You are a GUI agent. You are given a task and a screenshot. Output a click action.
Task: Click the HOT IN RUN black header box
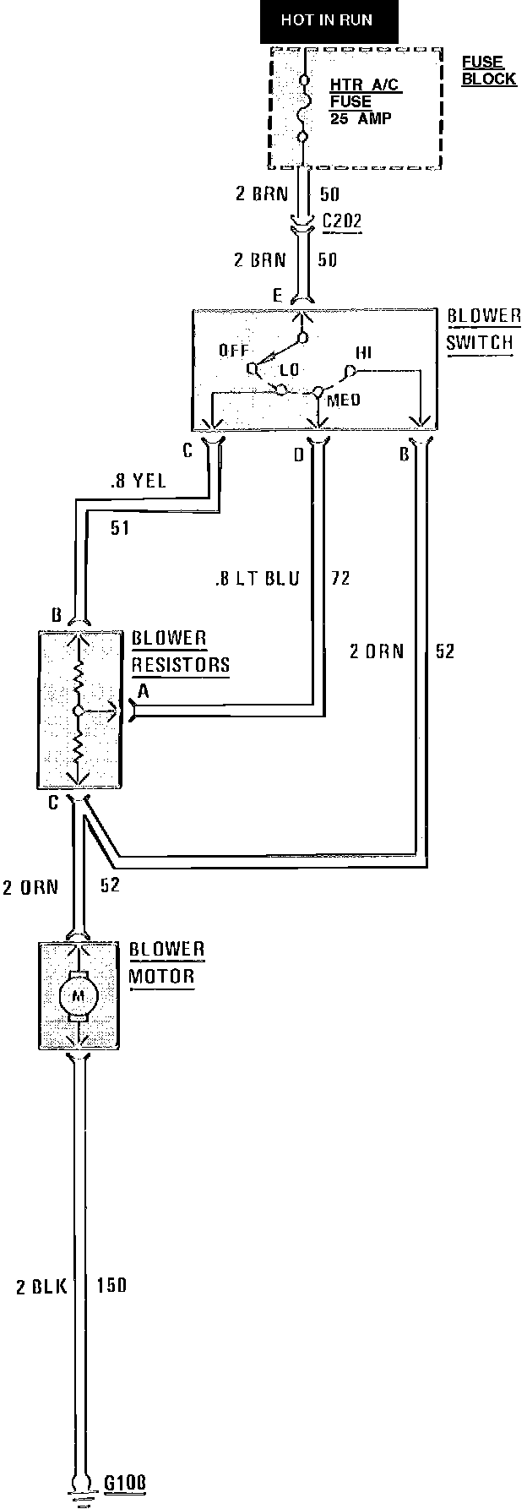[x=326, y=20]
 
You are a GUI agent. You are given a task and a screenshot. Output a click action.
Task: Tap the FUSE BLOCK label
[x=488, y=71]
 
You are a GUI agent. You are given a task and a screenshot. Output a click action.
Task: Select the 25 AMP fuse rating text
[x=361, y=118]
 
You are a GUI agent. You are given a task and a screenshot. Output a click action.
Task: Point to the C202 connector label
[x=342, y=221]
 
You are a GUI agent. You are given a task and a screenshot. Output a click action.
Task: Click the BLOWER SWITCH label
[x=483, y=330]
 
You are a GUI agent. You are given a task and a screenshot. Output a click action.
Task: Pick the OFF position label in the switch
[x=233, y=350]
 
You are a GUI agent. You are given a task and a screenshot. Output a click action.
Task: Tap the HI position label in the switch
[x=364, y=352]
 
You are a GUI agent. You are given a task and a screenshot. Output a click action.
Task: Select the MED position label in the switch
[x=343, y=400]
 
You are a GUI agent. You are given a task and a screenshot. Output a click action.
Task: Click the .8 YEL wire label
[x=138, y=482]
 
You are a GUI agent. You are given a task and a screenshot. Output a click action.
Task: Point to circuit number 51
[x=120, y=529]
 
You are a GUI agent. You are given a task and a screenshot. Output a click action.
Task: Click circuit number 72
[x=340, y=579]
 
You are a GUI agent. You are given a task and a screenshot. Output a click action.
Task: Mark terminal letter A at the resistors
[x=144, y=691]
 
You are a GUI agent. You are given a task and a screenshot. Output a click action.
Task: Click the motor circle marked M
[x=78, y=995]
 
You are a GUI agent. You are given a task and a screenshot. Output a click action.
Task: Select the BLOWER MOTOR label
[x=166, y=962]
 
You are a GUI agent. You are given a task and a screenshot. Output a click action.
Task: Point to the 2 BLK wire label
[x=40, y=1287]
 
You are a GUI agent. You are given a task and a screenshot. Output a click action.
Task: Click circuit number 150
[x=111, y=1287]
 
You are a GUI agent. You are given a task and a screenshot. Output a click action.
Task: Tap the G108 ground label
[x=124, y=1482]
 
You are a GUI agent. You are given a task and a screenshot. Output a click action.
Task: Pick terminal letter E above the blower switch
[x=277, y=295]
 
